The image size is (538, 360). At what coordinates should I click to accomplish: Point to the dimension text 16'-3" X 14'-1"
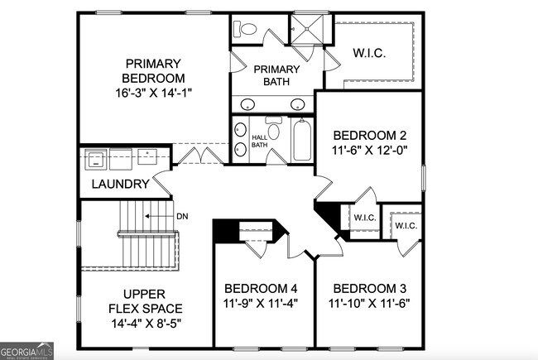(x=154, y=93)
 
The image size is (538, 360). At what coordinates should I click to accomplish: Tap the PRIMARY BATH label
(x=275, y=75)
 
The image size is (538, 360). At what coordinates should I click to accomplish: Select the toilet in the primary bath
(x=246, y=29)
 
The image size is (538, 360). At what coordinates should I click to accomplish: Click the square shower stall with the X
(x=308, y=30)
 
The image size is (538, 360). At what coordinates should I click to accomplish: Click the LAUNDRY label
(x=120, y=185)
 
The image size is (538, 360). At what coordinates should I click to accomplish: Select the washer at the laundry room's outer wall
(x=95, y=156)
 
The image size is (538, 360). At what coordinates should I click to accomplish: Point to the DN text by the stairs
(x=182, y=217)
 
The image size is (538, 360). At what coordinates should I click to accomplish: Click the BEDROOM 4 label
(x=261, y=288)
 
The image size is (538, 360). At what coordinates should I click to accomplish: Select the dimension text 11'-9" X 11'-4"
(x=261, y=303)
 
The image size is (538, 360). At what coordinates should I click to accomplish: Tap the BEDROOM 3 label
(x=369, y=288)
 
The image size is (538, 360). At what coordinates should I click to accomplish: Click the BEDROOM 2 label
(x=369, y=136)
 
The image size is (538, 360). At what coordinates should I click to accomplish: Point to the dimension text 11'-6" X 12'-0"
(x=369, y=151)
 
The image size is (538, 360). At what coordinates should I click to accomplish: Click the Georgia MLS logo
(x=27, y=350)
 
